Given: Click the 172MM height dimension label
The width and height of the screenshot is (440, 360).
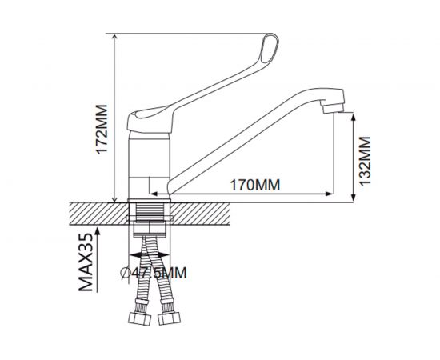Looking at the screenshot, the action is coord(102,129).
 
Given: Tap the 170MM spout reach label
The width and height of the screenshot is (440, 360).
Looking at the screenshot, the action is coord(255,185).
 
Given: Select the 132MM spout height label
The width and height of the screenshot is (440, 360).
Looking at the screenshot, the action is coord(365,161).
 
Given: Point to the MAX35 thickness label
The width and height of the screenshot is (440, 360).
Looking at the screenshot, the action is coord(86,262).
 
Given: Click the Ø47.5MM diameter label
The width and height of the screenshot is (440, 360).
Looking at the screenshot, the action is coord(154,273).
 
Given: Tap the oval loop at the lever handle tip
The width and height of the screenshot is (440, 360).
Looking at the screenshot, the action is coord(270,48).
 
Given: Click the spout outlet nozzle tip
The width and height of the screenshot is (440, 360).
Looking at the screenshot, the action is coord(334,108).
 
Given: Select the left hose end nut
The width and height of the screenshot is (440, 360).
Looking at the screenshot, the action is coord(140,318).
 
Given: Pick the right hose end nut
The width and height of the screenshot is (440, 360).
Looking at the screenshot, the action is coord(170,318).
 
